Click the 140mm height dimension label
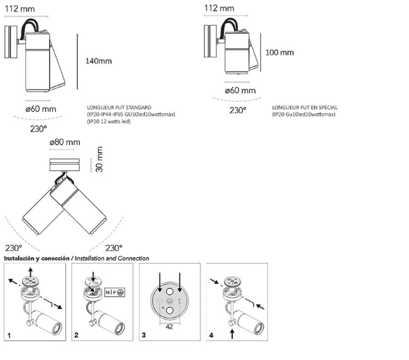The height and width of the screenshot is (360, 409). pyautogui.click(x=98, y=61)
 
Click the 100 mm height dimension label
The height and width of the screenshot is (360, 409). pyautogui.click(x=279, y=52)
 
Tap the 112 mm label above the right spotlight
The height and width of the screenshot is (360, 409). pyautogui.click(x=219, y=8)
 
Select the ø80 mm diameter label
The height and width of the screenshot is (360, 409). pyautogui.click(x=64, y=143)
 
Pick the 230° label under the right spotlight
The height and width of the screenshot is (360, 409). pyautogui.click(x=238, y=110)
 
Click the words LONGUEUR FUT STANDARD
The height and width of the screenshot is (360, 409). pyautogui.click(x=120, y=108)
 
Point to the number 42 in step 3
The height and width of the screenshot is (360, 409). pyautogui.click(x=169, y=327)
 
